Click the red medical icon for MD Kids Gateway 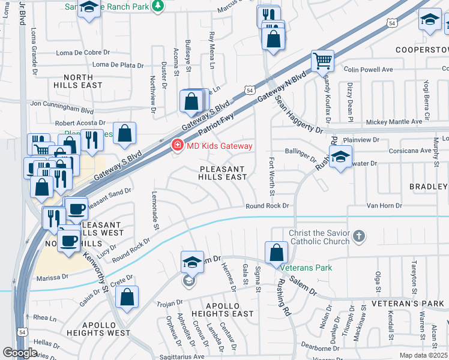pyautogui.click(x=177, y=146)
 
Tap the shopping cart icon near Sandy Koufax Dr pyautogui.click(x=322, y=61)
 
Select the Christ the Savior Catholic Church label pyautogui.click(x=319, y=237)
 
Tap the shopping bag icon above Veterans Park pyautogui.click(x=276, y=252)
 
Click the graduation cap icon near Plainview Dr pyautogui.click(x=340, y=157)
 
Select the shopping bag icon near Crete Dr pyautogui.click(x=127, y=297)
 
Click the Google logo pyautogui.click(x=20, y=353)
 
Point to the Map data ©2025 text pyautogui.click(x=423, y=355)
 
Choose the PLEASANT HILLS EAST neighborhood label pyautogui.click(x=223, y=173)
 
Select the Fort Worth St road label pyautogui.click(x=272, y=176)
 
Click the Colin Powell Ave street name pyautogui.click(x=368, y=70)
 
